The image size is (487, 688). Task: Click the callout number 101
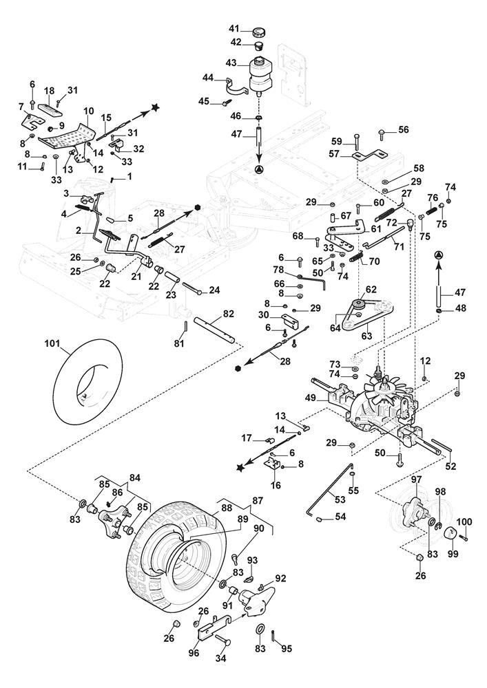tap(52, 344)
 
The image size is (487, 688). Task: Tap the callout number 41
tap(234, 29)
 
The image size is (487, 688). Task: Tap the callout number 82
tap(229, 314)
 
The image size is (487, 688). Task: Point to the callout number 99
tap(453, 554)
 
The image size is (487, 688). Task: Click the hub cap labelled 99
tap(449, 533)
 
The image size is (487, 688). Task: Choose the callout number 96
tap(194, 654)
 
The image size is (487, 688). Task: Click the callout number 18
tap(49, 91)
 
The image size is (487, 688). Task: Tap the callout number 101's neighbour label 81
tap(178, 343)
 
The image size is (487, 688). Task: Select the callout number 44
tap(208, 78)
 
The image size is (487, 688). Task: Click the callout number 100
tap(464, 522)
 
